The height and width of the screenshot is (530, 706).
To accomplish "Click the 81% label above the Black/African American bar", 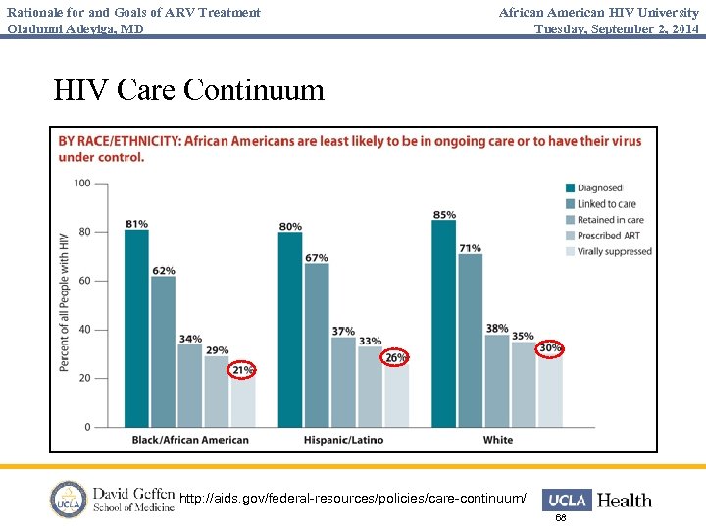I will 136,223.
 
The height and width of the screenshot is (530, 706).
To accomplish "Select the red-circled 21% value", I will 242,370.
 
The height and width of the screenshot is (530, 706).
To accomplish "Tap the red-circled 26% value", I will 395,357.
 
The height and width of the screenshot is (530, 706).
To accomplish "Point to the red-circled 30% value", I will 550,348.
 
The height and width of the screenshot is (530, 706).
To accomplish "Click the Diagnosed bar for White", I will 443,324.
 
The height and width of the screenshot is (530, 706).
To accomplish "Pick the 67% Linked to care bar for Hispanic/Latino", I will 317,344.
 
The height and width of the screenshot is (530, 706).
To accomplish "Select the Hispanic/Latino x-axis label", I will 343,440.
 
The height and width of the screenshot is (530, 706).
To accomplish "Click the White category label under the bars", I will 497,440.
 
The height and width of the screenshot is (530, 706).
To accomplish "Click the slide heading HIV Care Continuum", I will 188,90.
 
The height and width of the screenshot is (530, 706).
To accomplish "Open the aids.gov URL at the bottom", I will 353,500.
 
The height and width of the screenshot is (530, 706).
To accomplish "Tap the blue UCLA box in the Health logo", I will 567,501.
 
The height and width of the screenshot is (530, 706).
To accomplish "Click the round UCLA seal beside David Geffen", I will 69,500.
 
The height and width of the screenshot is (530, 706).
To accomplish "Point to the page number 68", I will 561,517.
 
